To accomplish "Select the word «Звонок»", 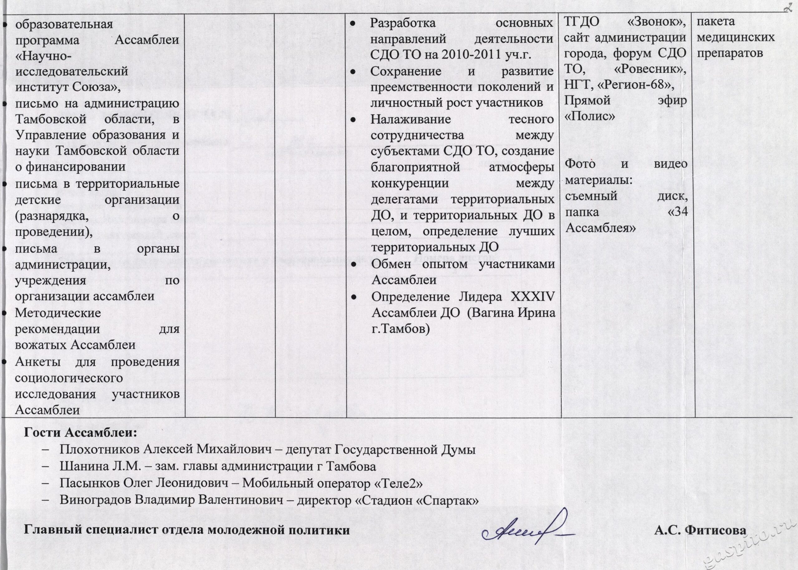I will (656, 23).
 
